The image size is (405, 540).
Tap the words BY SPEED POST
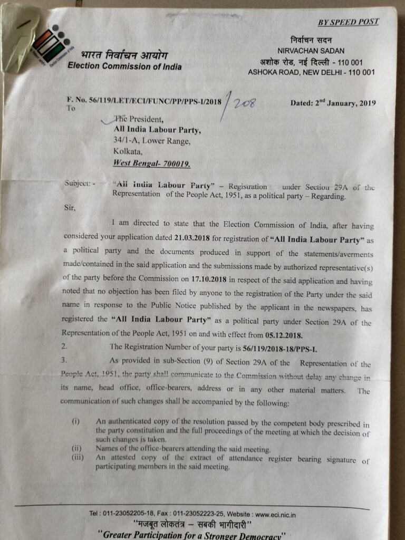348,22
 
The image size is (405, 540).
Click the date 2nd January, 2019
333,103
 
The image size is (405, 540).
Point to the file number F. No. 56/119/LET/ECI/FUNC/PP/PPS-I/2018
143,100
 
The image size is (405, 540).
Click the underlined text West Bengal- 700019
152,163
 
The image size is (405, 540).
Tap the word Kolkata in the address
128,152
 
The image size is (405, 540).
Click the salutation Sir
70,207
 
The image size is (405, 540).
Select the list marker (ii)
76,449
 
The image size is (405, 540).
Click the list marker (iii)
78,458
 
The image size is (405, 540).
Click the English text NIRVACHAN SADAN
311,51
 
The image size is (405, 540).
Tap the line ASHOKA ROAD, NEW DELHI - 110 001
311,72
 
